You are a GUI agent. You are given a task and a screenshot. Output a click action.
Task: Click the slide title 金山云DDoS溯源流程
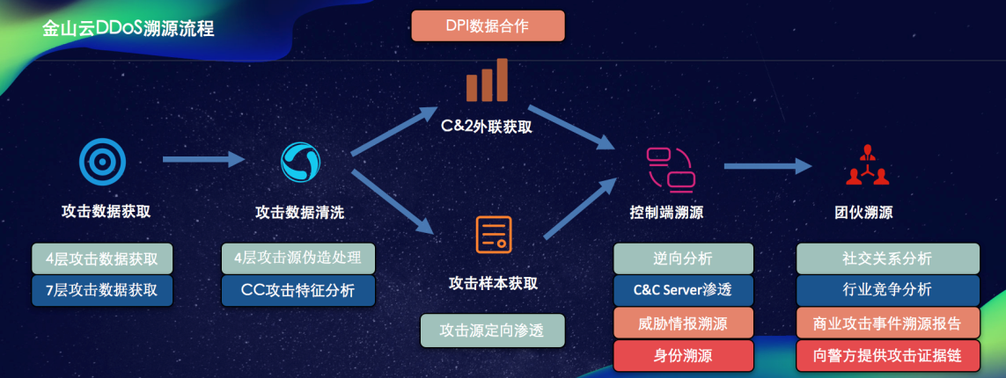pos(129,27)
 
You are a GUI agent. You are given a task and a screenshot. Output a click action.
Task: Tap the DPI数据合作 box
pos(487,25)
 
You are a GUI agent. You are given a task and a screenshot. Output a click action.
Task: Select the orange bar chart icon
pos(487,80)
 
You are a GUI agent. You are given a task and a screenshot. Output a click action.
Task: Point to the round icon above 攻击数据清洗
pos(300,163)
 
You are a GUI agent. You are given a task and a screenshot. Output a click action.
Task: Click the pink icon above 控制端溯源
pos(671,169)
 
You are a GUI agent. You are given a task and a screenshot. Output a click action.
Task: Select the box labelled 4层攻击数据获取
pos(102,258)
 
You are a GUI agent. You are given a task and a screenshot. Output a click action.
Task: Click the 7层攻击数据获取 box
pos(102,290)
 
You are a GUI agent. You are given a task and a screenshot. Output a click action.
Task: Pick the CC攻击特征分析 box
pos(298,290)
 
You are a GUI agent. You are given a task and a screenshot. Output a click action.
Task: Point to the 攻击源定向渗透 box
pos(491,331)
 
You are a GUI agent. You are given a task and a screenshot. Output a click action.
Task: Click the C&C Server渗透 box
pos(683,290)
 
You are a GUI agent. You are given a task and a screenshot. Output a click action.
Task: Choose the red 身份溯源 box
pos(683,355)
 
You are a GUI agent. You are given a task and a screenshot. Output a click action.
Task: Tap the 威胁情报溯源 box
pos(683,323)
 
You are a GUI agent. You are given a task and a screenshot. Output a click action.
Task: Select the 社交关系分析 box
pos(887,258)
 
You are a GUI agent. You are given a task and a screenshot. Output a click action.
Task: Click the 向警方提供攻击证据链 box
pos(887,355)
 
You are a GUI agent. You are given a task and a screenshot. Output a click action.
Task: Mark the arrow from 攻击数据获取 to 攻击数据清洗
pos(202,159)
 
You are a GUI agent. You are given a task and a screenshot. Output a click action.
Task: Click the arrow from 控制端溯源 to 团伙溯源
pos(767,165)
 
